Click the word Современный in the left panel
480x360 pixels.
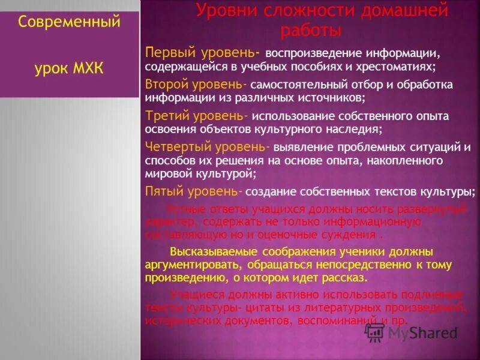click(x=68, y=23)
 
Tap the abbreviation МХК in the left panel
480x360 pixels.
click(x=88, y=68)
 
